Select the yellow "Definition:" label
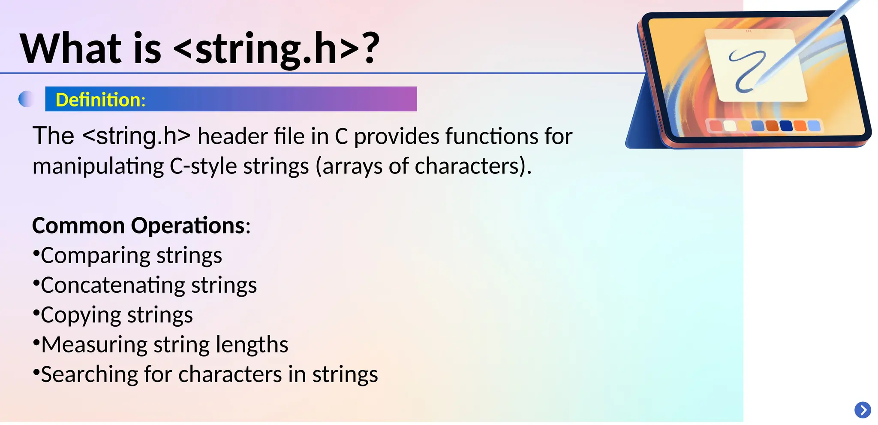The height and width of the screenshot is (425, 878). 101,100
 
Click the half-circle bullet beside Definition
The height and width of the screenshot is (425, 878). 26,99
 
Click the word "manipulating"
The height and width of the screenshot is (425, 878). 98,167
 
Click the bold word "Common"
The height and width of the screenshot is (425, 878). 78,225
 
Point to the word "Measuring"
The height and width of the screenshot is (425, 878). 94,345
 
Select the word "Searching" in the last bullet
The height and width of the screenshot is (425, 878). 89,374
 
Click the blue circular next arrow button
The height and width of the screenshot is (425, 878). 863,410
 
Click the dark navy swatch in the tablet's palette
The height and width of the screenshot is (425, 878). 785,125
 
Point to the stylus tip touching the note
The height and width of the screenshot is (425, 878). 758,82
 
